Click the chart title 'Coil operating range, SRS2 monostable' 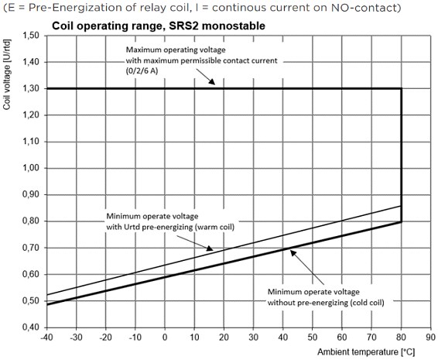coord(158,26)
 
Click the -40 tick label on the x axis coord(46,338)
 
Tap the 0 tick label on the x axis coord(165,338)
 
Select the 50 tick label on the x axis coord(313,338)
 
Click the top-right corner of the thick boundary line coord(402,88)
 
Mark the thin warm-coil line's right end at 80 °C coord(402,206)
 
